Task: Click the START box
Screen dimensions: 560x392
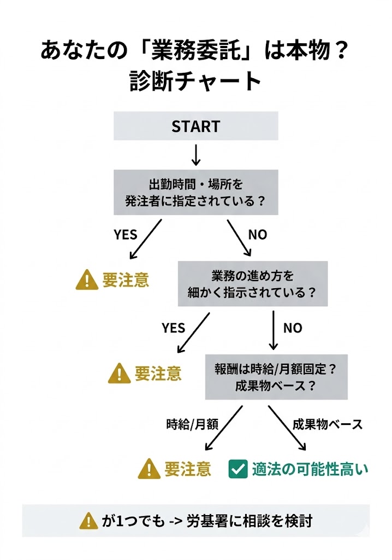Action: [x=195, y=126]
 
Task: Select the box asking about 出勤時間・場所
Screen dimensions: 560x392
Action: [x=195, y=192]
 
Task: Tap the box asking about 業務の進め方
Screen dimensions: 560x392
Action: [x=252, y=283]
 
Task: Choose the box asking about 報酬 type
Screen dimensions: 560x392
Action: [x=276, y=376]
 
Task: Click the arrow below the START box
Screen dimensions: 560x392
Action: [x=196, y=155]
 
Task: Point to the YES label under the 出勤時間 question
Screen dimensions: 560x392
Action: [x=126, y=235]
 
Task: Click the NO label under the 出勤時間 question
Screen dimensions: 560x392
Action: [x=258, y=235]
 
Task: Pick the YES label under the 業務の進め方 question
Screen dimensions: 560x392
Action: [x=173, y=328]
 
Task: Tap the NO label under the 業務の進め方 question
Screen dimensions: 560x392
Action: [x=293, y=328]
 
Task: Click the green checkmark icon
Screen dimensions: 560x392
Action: [x=238, y=469]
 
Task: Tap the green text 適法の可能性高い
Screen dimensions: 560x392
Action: [x=310, y=469]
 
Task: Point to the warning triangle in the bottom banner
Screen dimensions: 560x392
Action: [x=88, y=521]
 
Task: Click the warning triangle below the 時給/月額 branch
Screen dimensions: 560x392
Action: [x=149, y=469]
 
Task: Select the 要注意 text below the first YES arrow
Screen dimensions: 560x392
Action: [x=126, y=280]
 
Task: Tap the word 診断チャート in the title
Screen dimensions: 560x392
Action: [x=196, y=81]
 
